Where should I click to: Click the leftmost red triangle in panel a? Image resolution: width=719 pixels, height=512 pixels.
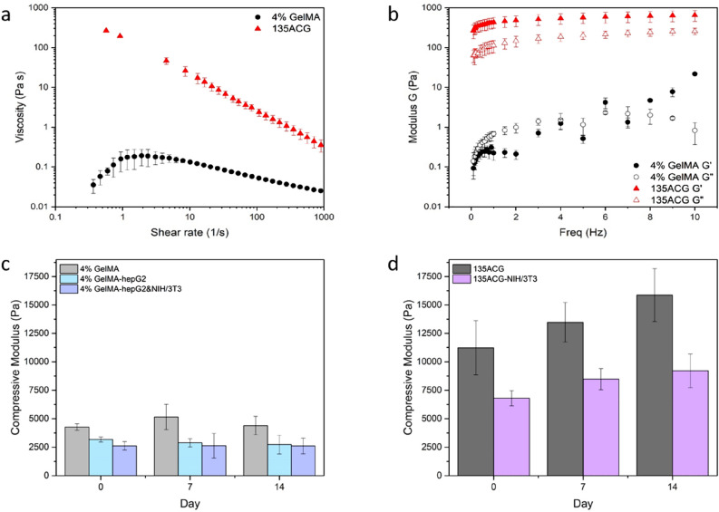point(106,30)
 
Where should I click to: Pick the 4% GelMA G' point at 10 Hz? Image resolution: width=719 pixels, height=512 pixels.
point(695,74)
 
